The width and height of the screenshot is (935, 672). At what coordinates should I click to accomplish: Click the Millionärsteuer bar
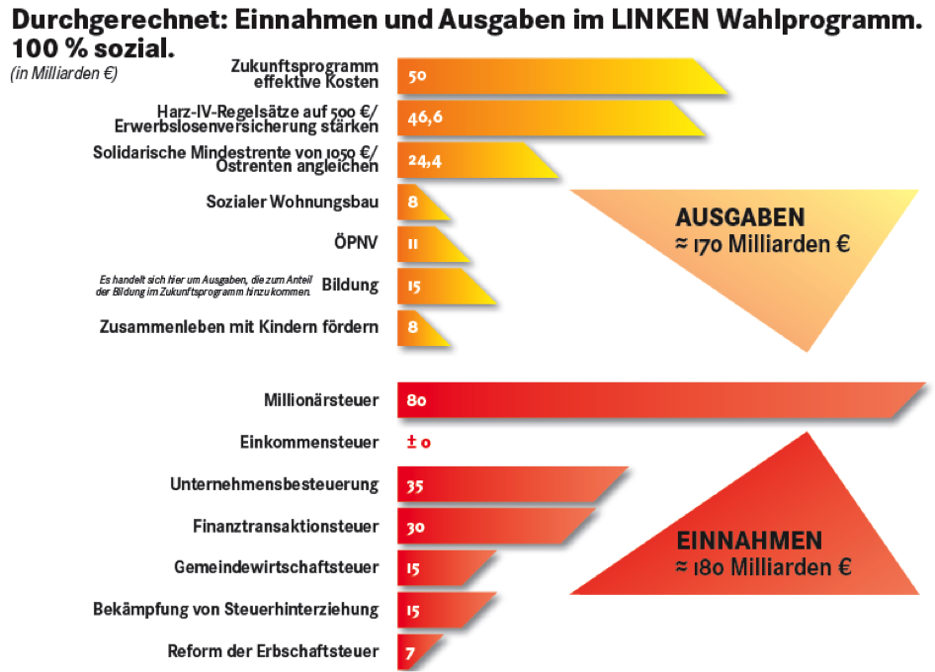(652, 400)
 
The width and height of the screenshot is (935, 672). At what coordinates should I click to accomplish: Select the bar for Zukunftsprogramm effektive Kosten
(553, 76)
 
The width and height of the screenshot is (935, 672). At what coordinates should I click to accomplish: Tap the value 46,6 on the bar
(424, 118)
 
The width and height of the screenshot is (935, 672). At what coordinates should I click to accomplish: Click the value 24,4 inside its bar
(424, 160)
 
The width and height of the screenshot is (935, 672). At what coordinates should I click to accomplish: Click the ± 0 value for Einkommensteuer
(418, 443)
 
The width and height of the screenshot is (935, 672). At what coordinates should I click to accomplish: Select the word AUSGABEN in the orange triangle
(739, 217)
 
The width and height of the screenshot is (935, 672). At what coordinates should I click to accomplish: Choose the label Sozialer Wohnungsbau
(293, 202)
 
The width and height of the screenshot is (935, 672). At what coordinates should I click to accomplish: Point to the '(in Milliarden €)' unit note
(64, 73)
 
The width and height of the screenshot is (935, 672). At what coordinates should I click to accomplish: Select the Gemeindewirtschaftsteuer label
(276, 567)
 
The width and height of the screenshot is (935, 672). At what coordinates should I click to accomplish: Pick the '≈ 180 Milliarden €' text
(763, 567)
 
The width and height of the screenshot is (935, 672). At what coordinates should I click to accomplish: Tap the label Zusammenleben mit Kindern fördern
(240, 327)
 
